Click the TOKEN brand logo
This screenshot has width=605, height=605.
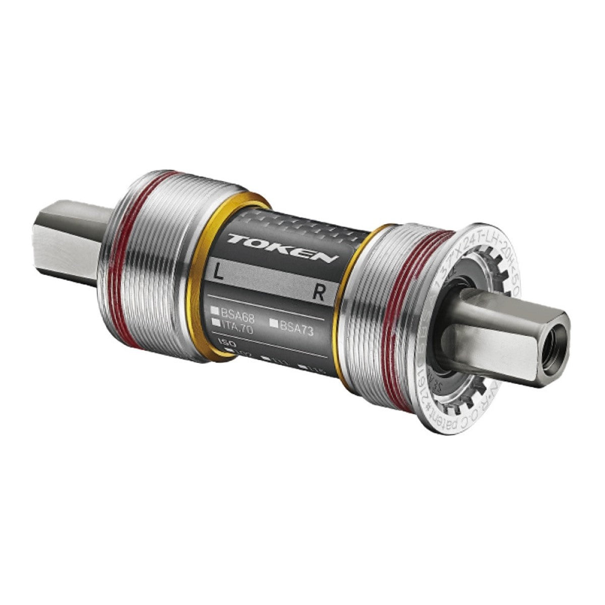coord(281,248)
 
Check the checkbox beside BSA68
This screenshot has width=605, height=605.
coord(215,309)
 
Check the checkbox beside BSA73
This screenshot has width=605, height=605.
coord(274,323)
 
